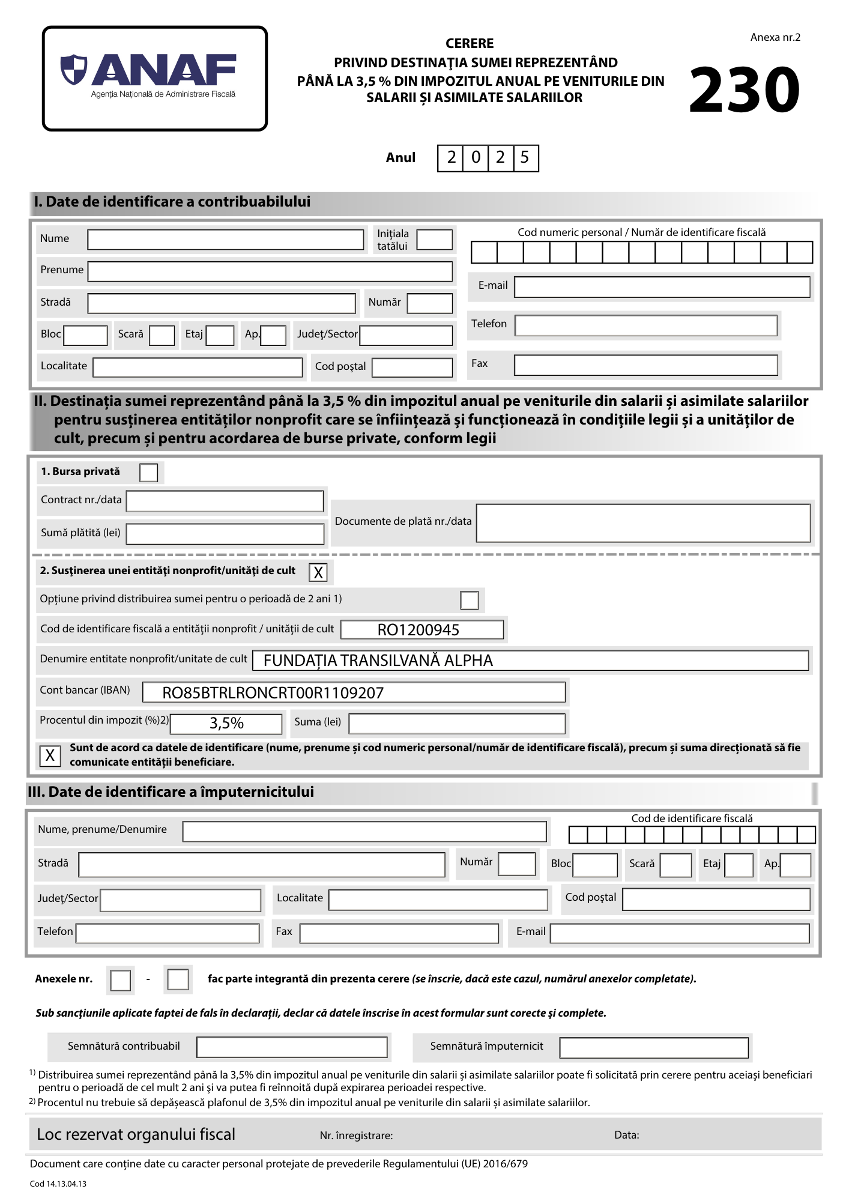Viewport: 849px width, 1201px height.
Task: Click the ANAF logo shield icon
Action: pos(74,69)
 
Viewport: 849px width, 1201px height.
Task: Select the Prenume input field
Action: pos(270,271)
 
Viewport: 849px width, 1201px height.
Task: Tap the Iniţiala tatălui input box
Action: pos(434,240)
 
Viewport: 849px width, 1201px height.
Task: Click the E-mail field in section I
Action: pos(662,287)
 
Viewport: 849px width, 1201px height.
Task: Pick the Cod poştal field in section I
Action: pos(412,368)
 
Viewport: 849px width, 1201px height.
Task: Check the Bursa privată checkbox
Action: pos(148,473)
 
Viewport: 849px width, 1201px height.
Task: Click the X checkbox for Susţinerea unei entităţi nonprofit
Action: pos(318,572)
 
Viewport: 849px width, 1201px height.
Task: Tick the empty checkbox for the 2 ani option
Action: pos(469,600)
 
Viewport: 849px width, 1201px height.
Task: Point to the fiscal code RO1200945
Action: pos(418,630)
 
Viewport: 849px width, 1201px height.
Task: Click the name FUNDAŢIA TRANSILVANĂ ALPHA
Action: pos(378,661)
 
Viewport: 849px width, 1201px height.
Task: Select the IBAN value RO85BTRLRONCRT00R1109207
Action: pos(273,693)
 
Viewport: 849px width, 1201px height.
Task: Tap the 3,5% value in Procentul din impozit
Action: pos(226,724)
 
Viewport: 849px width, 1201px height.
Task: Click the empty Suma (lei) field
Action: pos(456,724)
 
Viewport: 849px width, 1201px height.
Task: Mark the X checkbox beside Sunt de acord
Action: pos(50,755)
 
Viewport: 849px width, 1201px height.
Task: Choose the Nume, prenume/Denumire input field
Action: pos(364,832)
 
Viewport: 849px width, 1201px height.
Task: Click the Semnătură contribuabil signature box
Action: pos(292,1047)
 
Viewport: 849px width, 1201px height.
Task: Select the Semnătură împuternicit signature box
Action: pos(653,1048)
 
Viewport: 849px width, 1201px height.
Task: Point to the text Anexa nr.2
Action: pos(775,37)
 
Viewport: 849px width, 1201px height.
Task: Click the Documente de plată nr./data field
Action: pos(642,523)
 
